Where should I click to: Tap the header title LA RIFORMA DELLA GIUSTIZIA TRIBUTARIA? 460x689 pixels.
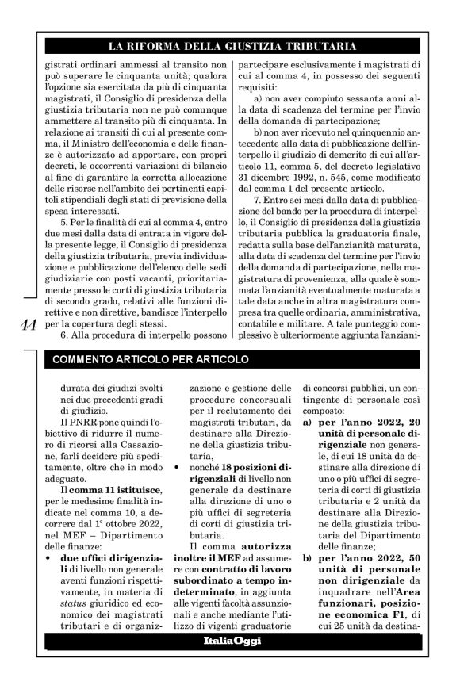click(229, 45)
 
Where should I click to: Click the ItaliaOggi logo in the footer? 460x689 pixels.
click(230, 660)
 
